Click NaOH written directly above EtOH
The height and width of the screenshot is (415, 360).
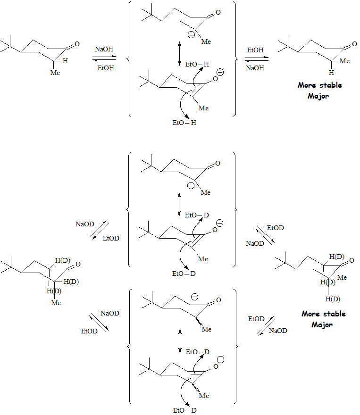104,49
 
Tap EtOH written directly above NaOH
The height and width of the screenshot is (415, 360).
255,49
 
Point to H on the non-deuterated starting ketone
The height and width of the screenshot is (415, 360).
66,61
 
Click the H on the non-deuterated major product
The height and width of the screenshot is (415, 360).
331,73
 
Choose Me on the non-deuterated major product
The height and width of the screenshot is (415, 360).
344,61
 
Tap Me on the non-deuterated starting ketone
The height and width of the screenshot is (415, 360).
55,73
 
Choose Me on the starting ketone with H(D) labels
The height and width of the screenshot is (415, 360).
56,303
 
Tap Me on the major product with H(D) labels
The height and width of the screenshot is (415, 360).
342,277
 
